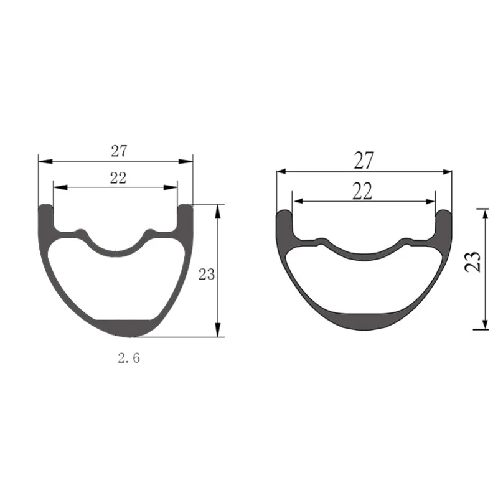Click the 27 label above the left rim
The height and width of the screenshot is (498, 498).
pos(119,151)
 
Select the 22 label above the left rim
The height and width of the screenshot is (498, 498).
pos(118,178)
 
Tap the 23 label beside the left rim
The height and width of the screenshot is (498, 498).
pos(207,274)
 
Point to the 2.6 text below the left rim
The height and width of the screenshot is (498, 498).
pos(129,359)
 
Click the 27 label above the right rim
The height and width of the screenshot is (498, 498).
pos(364,161)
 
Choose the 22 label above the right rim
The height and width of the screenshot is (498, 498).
pos(362,191)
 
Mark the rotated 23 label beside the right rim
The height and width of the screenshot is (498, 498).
pos(472,261)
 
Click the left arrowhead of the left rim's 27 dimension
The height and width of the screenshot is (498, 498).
pos(45,162)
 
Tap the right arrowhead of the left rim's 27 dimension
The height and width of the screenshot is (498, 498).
pos(186,162)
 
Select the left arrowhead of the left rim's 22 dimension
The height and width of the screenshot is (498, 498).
pos(60,187)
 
